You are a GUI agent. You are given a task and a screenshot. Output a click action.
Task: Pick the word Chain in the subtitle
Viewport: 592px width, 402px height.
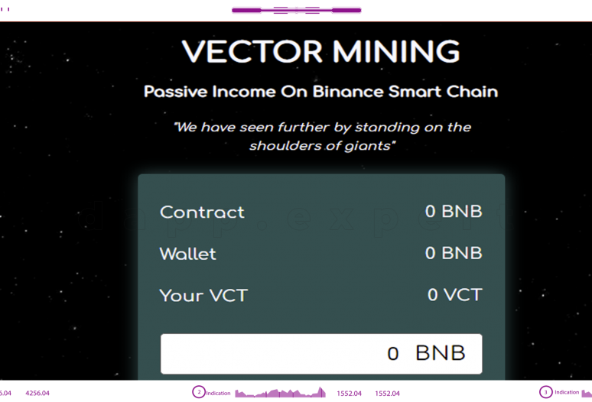click(x=470, y=92)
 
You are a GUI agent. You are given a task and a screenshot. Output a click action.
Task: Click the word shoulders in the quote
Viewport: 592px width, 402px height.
click(x=283, y=145)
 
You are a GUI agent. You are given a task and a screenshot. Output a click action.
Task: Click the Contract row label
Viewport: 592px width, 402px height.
click(x=202, y=212)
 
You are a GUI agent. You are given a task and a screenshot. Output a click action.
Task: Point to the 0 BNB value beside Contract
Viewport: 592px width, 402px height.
click(x=454, y=212)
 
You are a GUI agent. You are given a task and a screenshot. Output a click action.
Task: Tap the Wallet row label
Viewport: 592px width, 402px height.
click(x=187, y=254)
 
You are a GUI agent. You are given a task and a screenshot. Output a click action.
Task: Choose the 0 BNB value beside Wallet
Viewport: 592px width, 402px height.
click(x=454, y=253)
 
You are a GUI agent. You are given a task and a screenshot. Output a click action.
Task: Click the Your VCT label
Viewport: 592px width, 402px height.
click(x=203, y=295)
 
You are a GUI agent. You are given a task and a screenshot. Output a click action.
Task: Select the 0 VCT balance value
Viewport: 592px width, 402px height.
click(x=454, y=294)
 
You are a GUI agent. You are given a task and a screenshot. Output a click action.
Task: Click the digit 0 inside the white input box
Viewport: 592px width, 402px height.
click(x=393, y=353)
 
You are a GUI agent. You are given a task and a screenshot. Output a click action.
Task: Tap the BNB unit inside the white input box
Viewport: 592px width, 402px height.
click(x=441, y=353)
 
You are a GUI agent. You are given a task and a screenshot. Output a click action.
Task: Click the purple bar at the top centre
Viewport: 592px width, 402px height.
click(x=296, y=11)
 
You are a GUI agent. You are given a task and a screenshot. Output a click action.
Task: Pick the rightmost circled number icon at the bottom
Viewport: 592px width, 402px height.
click(x=546, y=392)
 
